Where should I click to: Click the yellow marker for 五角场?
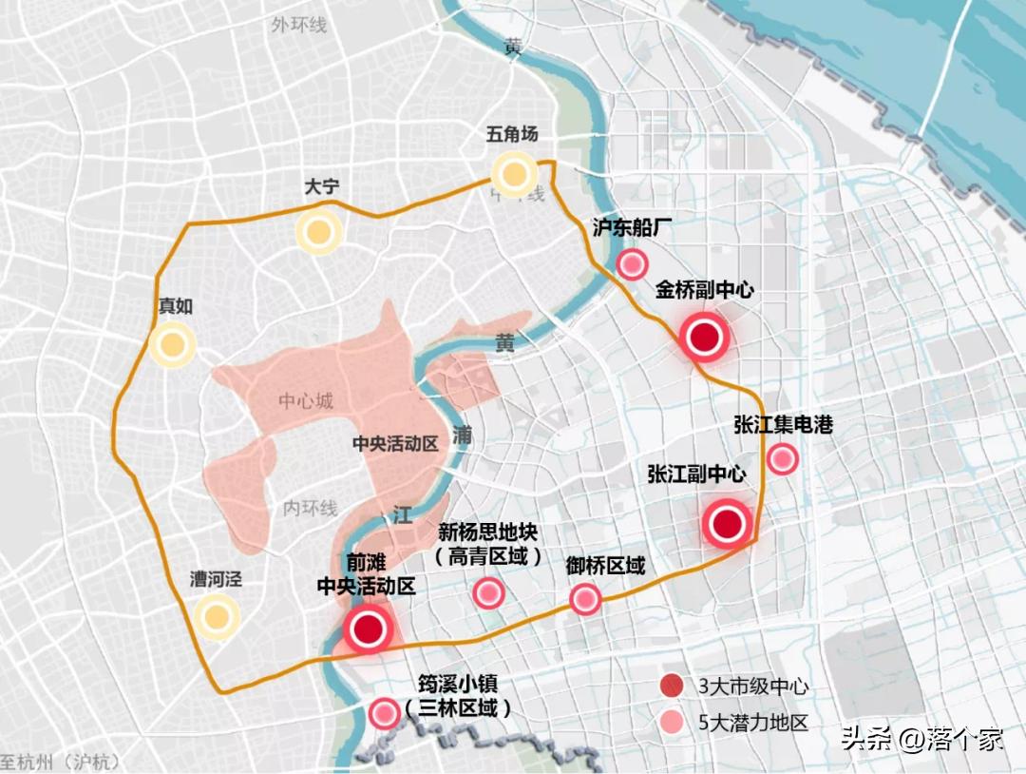click(515, 174)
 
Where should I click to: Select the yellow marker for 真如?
click(172, 345)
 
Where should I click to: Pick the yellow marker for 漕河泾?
click(216, 617)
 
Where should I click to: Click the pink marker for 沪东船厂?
click(632, 264)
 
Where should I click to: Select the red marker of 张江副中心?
click(728, 524)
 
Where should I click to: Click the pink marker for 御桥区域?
click(585, 599)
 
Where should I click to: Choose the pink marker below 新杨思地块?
click(488, 593)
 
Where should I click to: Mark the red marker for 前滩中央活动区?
click(368, 629)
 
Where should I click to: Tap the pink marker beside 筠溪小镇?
click(384, 712)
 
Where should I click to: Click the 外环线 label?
click(298, 25)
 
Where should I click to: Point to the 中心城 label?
click(306, 401)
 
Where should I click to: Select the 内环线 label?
click(310, 509)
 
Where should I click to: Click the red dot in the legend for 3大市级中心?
click(673, 686)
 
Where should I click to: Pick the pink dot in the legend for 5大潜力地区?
click(673, 722)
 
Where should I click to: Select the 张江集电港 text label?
click(783, 424)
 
